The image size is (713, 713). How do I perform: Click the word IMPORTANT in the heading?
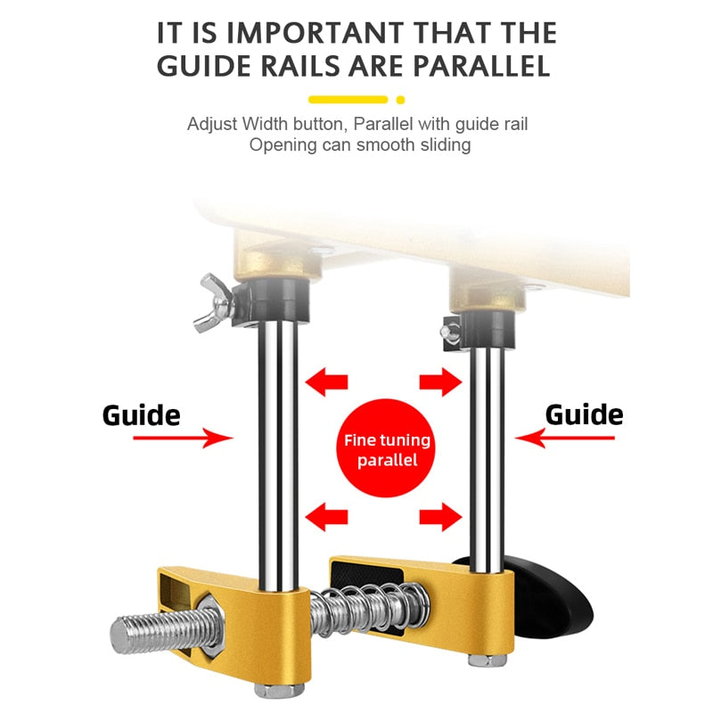315,33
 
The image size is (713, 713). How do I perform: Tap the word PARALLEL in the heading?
482,66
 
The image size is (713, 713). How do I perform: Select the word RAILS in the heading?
300,66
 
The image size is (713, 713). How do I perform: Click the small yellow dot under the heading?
400,100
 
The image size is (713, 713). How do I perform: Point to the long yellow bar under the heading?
348,100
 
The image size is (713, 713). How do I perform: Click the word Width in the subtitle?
265,124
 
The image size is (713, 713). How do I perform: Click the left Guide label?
142,415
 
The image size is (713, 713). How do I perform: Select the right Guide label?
584,414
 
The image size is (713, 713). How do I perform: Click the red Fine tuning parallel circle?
386,448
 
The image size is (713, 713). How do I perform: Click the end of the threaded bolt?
120,636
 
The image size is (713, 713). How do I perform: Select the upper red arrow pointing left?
326,382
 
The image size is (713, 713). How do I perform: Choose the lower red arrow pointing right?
440,517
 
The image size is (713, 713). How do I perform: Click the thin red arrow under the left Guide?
183,438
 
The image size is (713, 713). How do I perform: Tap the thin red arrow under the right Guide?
565,438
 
